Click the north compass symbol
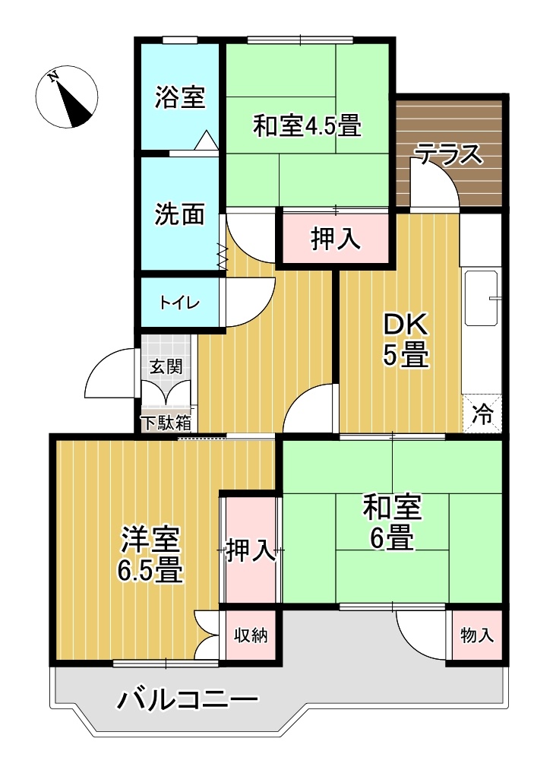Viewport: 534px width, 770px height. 67,98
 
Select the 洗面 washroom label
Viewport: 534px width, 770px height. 180,214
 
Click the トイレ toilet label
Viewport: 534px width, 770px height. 179,303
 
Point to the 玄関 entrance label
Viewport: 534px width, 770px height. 165,366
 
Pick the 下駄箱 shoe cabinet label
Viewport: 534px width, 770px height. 165,423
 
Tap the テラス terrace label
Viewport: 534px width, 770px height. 448,154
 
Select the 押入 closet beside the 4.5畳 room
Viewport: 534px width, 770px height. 335,239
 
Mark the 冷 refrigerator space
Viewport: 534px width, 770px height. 482,414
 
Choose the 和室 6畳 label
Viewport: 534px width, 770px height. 392,522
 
